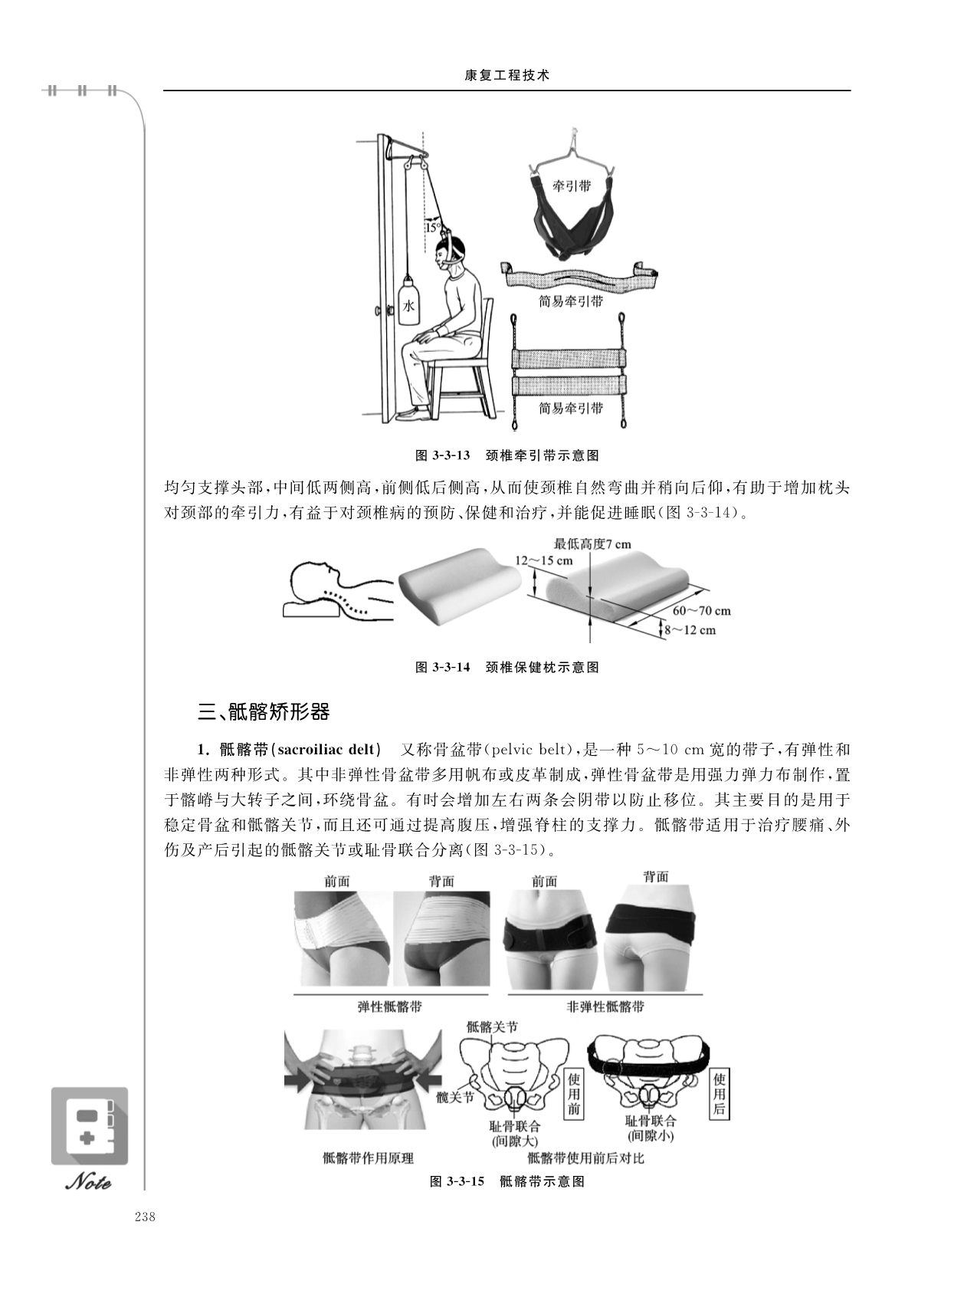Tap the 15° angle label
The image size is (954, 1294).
coord(433,227)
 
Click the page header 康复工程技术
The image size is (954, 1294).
coord(507,75)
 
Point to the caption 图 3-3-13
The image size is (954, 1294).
coord(442,455)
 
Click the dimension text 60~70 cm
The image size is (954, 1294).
coord(702,610)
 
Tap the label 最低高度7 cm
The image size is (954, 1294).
coord(592,544)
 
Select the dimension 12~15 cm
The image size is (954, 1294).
coord(544,560)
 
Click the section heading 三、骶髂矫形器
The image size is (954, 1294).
coord(264,711)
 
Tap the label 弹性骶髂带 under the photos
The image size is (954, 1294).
coord(390,1006)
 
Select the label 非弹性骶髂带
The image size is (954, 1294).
coord(606,1007)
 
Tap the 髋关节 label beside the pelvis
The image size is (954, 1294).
coord(455,1096)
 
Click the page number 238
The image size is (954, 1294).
coord(144,1216)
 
